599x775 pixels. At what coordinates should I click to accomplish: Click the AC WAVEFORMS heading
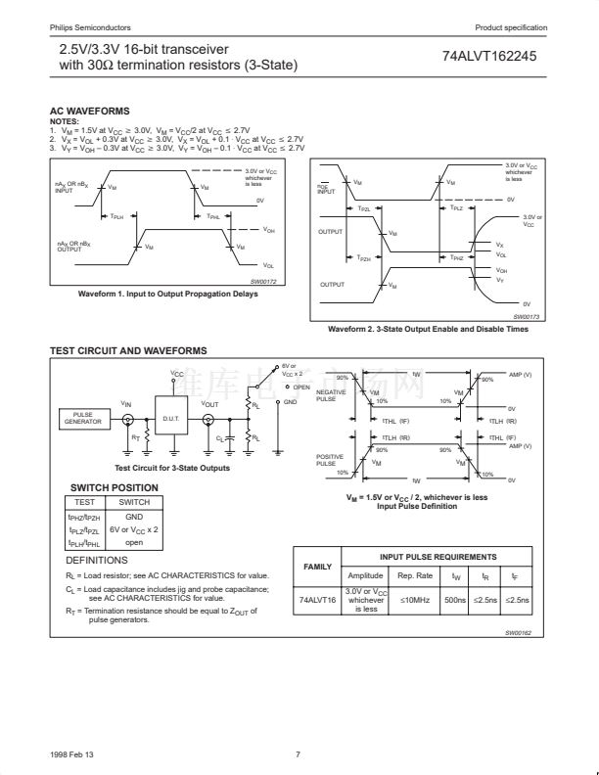(89, 112)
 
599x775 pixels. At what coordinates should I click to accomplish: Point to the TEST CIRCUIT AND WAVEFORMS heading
(128, 350)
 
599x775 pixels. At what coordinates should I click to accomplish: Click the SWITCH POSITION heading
(114, 487)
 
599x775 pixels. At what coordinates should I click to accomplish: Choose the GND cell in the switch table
(134, 516)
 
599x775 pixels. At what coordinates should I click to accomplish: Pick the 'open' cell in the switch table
(134, 542)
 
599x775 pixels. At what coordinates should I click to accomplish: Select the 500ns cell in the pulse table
(455, 600)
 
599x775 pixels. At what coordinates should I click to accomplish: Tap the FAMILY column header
(318, 567)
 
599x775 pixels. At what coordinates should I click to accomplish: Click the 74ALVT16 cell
(318, 600)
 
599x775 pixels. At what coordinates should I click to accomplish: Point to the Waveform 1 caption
(169, 294)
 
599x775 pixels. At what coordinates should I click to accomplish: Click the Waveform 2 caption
(428, 329)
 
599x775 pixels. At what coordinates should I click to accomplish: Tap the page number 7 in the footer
(298, 753)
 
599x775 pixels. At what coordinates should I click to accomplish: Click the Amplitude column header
(365, 575)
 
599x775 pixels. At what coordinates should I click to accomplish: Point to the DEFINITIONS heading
(97, 561)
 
